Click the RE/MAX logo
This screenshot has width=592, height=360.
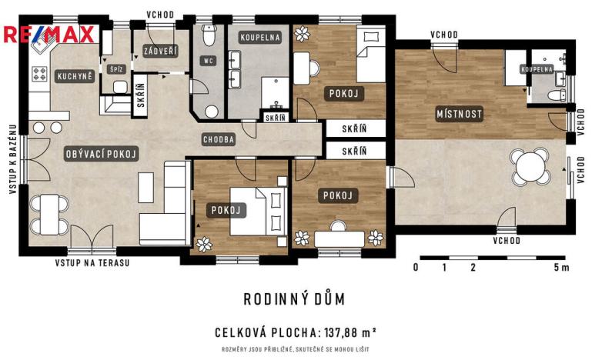[49, 35]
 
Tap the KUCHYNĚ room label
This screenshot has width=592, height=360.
[74, 76]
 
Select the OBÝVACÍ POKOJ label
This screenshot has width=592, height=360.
[102, 155]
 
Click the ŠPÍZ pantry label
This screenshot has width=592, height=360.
[117, 68]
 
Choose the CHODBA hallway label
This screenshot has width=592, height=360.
[219, 140]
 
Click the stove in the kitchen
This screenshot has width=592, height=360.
[39, 75]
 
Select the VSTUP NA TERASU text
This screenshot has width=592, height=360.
[92, 263]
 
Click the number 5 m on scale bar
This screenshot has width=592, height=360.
[561, 268]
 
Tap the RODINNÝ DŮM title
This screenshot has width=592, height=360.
[294, 298]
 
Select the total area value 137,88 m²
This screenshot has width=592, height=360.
[346, 332]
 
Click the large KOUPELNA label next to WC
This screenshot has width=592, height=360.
[260, 36]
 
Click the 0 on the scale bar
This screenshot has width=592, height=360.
[416, 268]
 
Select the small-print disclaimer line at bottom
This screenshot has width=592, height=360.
[295, 350]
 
